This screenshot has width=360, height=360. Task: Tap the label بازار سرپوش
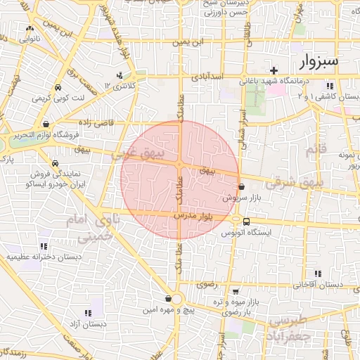click(x=238, y=198)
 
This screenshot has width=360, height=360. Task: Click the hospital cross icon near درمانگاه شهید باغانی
click(x=274, y=70)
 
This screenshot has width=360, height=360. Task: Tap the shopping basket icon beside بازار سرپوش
click(x=242, y=187)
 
